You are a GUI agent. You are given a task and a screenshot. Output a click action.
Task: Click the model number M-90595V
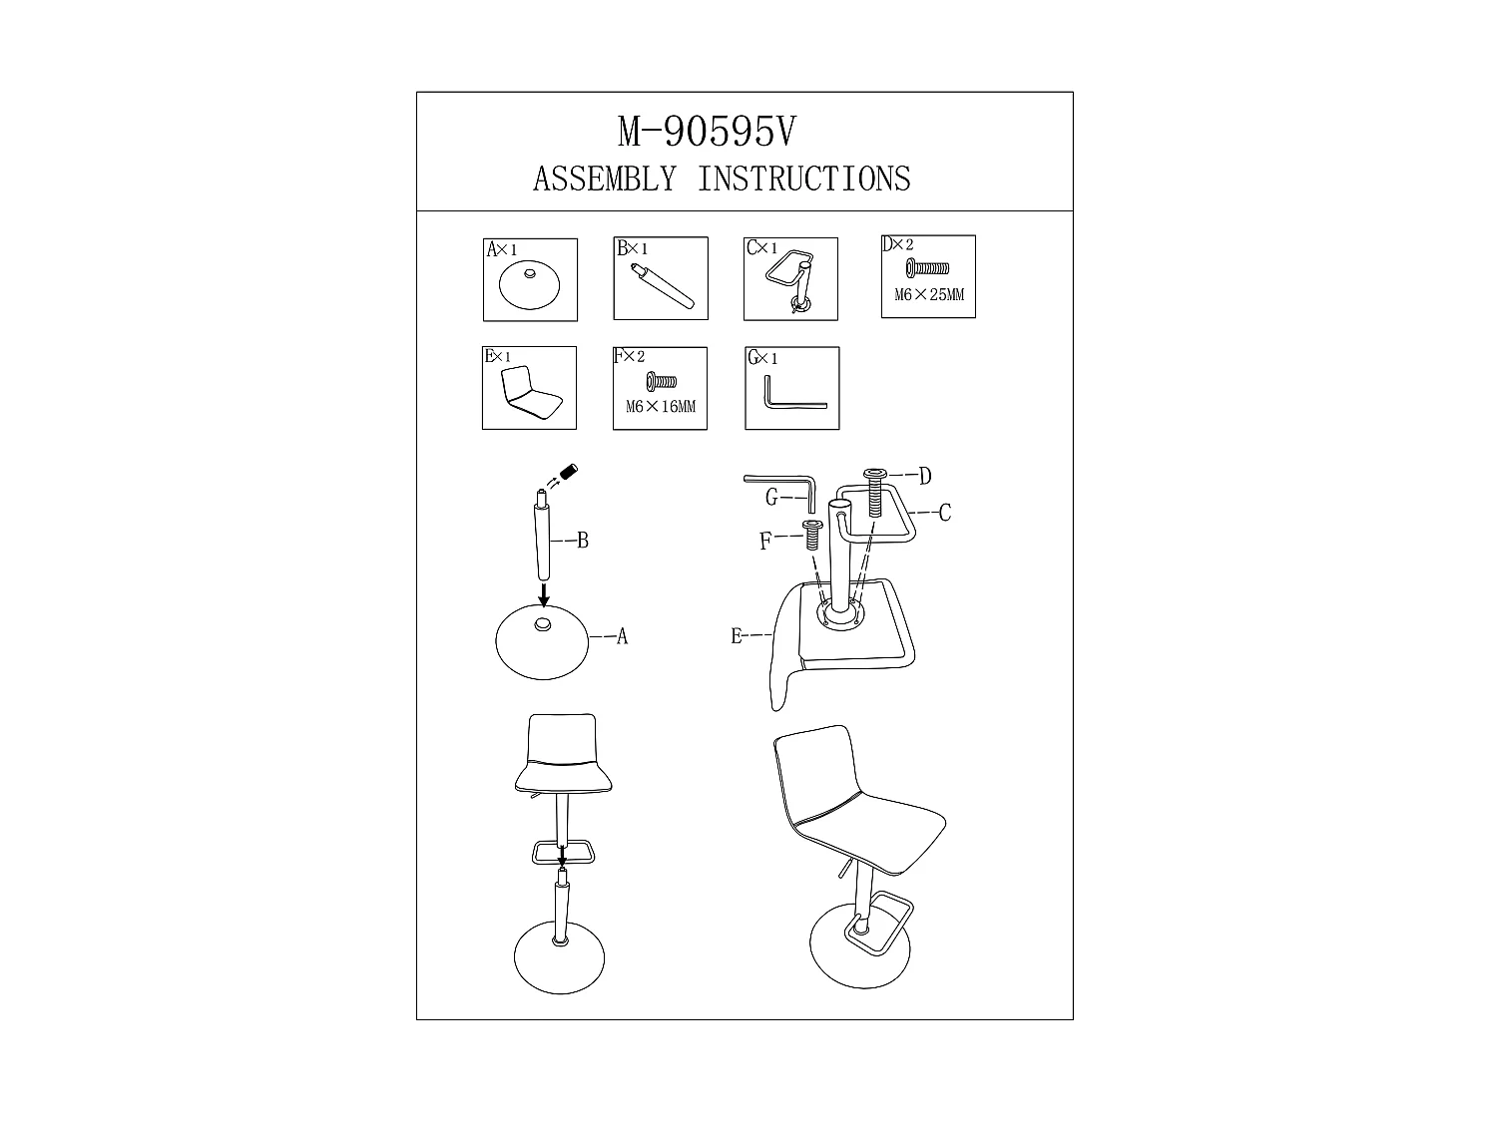point(707,132)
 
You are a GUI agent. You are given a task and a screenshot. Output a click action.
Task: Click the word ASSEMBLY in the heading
point(605,180)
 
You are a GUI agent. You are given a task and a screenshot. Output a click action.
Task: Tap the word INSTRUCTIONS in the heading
point(804,180)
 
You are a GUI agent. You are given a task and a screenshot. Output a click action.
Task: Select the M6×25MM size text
point(929,295)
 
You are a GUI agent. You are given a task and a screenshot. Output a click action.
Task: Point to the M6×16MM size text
point(661,407)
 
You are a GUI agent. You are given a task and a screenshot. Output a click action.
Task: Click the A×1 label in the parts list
point(501,250)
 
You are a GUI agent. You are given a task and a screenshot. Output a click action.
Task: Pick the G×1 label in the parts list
point(762,358)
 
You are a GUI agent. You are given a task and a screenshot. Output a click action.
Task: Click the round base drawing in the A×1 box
point(529,285)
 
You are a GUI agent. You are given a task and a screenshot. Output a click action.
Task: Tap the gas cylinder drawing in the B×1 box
point(663,285)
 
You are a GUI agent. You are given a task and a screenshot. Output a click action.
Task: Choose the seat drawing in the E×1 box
point(531,393)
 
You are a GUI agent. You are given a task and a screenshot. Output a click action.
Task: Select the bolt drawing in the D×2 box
point(927,269)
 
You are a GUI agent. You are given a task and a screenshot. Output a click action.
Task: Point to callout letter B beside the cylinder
point(583,541)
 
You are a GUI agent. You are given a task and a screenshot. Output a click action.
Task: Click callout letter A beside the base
point(622,637)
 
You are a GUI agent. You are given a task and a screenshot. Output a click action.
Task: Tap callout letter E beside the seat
point(737,636)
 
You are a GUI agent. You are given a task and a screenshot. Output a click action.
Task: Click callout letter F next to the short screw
point(765,542)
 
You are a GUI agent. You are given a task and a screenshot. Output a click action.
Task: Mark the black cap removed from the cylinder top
point(568,472)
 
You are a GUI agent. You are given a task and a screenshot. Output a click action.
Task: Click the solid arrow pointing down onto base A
point(544,594)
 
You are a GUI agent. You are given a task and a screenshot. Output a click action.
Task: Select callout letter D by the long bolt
point(925,476)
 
